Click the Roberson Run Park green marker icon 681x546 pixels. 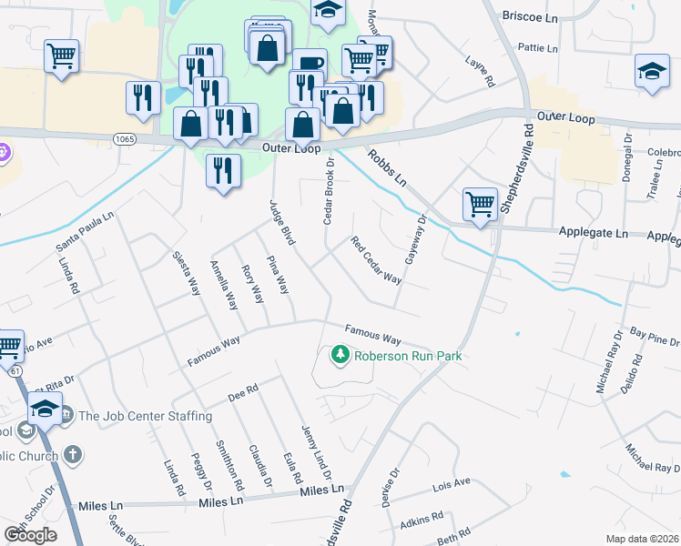pyautogui.click(x=340, y=354)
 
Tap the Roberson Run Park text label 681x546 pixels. pyautogui.click(x=409, y=356)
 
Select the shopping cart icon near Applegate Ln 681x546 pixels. pyautogui.click(x=480, y=204)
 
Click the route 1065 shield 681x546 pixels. pyautogui.click(x=125, y=137)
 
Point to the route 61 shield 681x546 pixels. pyautogui.click(x=16, y=371)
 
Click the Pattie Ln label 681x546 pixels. pyautogui.click(x=537, y=47)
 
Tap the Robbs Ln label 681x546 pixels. pyautogui.click(x=386, y=168)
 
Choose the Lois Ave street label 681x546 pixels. pyautogui.click(x=452, y=483)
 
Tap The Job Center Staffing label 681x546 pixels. pyautogui.click(x=145, y=416)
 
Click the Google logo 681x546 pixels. pyautogui.click(x=30, y=534)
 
